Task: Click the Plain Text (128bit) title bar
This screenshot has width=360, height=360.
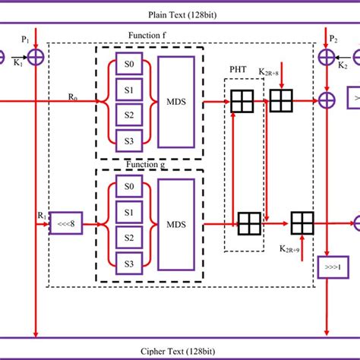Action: click(x=180, y=14)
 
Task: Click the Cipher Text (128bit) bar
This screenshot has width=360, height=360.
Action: click(x=180, y=349)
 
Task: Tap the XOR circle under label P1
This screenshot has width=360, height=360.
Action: click(x=36, y=55)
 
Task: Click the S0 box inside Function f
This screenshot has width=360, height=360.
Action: click(x=127, y=64)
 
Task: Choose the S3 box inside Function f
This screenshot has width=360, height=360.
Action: click(x=127, y=137)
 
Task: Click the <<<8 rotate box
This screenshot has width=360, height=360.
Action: click(x=65, y=224)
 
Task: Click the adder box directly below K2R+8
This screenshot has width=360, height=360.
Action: click(x=281, y=99)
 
